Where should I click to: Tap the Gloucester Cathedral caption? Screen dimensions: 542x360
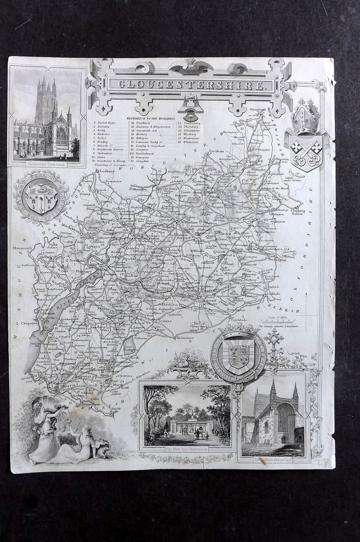[x=47, y=164]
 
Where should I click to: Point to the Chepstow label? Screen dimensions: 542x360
[x=30, y=323]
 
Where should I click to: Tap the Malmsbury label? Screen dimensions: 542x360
[x=183, y=338]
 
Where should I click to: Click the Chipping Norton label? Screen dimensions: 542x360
[x=297, y=212]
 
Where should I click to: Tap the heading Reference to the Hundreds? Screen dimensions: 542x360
[x=153, y=119]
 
